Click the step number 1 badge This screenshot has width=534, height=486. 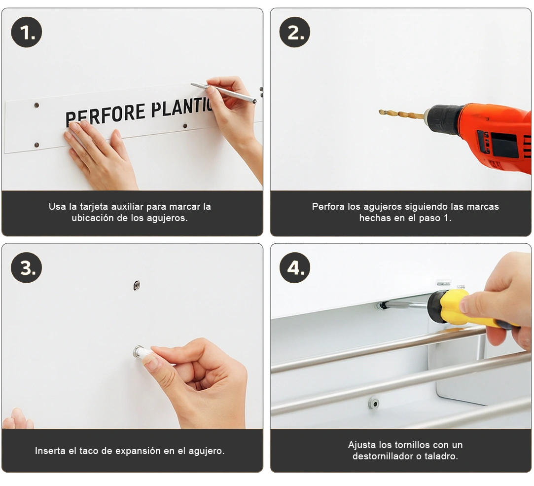pyautogui.click(x=27, y=32)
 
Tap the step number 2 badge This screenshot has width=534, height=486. pyautogui.click(x=295, y=32)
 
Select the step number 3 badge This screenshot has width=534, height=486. pyautogui.click(x=27, y=268)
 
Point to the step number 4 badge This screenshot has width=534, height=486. pyautogui.click(x=295, y=268)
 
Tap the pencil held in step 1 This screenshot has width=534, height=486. pyautogui.click(x=223, y=92)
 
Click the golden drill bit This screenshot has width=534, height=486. pyautogui.click(x=402, y=113)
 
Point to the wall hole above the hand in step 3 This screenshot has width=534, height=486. pyautogui.click(x=137, y=285)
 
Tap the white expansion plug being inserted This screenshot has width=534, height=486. pyautogui.click(x=143, y=352)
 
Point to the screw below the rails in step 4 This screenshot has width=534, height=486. pyautogui.click(x=374, y=404)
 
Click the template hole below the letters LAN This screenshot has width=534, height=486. pyautogui.click(x=185, y=126)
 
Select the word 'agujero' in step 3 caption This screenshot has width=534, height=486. pyautogui.click(x=207, y=451)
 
